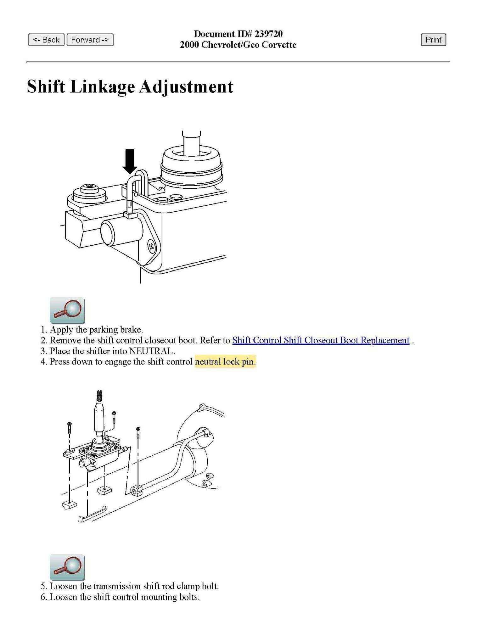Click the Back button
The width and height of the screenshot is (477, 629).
coord(46,40)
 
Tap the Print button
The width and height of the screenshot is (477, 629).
coord(433,40)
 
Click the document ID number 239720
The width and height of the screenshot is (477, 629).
coord(268,34)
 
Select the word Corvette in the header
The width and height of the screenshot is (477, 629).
coord(279,45)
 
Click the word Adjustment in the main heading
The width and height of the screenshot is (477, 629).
coord(186,87)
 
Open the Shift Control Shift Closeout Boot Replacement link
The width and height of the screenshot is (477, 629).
coord(321,341)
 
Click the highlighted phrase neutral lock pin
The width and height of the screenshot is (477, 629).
coord(225,362)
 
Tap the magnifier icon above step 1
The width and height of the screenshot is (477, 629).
coord(67,310)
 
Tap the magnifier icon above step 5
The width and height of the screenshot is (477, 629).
coord(67,567)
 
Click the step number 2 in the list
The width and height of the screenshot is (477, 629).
coord(44,341)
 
